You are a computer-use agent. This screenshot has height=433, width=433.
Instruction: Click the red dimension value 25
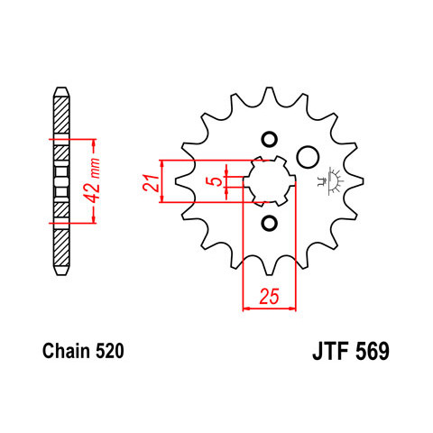coord(270,296)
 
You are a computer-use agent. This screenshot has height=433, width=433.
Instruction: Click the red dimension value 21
coord(151,182)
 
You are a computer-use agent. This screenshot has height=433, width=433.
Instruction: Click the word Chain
coord(66,351)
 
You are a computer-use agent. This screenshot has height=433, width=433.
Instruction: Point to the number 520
coord(109,351)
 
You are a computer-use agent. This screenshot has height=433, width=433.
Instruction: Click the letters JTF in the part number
coord(330,351)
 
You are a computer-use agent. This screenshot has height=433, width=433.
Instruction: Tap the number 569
coord(373,351)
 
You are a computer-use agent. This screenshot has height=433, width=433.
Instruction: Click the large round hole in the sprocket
coord(308,157)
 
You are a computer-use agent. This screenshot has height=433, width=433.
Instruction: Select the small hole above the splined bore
coord(269,140)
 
